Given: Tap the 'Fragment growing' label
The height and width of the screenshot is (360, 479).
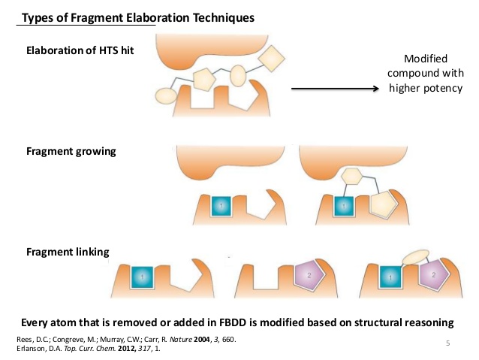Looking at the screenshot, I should pos(71,151).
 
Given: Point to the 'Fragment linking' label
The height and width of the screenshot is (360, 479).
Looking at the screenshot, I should pos(68,251).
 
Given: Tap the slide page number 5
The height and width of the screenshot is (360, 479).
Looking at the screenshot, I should pos(447,343).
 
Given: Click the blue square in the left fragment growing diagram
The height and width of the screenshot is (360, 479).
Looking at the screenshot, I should pos(219,205).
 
